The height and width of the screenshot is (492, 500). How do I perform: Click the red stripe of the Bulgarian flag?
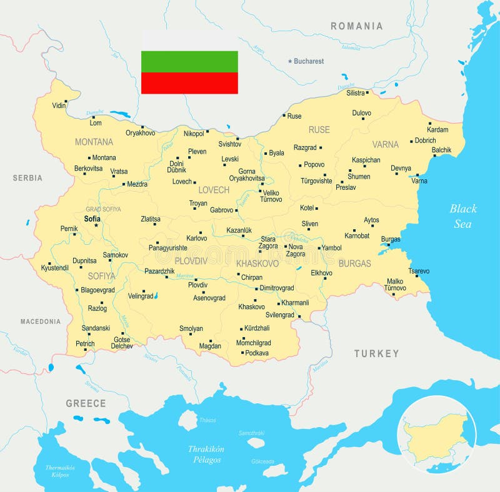tap(189, 83)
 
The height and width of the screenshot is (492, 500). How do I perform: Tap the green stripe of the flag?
tap(189, 61)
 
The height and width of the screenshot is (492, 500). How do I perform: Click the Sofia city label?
tap(92, 219)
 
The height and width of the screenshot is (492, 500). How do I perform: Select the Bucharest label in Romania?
tap(309, 61)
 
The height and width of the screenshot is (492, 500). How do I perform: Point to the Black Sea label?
tap(463, 216)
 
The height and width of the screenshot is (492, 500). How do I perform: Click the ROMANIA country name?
tap(356, 26)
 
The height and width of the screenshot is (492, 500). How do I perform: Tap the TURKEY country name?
tap(376, 353)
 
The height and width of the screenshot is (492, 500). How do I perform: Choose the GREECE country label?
tap(86, 403)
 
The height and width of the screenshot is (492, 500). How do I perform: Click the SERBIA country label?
tap(27, 178)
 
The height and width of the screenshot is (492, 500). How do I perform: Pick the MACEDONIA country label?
tap(40, 322)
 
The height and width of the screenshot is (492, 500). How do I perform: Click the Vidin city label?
tap(59, 105)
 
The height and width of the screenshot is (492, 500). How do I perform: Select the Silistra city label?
tap(355, 93)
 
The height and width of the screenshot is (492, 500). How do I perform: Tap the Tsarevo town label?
tap(419, 271)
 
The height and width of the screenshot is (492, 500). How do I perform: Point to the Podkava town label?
tap(256, 353)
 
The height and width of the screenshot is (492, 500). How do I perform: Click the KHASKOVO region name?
tap(257, 263)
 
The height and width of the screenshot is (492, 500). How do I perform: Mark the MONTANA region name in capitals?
tap(94, 142)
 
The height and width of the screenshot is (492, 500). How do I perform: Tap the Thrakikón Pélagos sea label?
tap(206, 454)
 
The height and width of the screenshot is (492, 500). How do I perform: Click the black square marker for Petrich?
tap(96, 343)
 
